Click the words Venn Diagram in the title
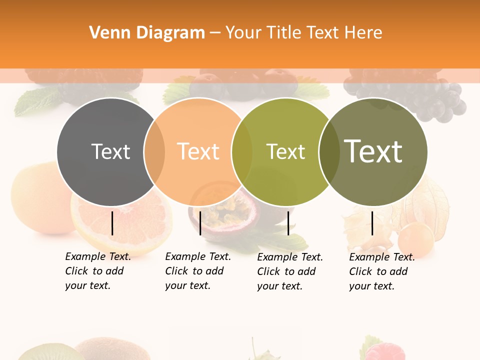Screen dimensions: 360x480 pyautogui.click(x=147, y=33)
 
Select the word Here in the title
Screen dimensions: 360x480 pyautogui.click(x=364, y=33)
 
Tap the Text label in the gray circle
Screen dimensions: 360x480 pyautogui.click(x=110, y=151)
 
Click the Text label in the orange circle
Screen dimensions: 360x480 pyautogui.click(x=198, y=151)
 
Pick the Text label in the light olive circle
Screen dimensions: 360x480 pyautogui.click(x=285, y=151)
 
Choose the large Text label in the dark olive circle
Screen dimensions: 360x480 pyautogui.click(x=373, y=151)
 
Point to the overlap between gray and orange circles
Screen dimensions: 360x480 pyautogui.click(x=154, y=152)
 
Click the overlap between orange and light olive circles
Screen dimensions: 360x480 pyautogui.click(x=242, y=152)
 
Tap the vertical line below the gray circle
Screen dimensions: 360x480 pyautogui.click(x=112, y=223)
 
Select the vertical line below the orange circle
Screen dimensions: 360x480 pyautogui.click(x=200, y=223)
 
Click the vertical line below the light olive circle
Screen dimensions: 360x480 pyautogui.click(x=288, y=223)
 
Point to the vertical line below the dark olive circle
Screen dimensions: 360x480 pyautogui.click(x=372, y=223)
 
